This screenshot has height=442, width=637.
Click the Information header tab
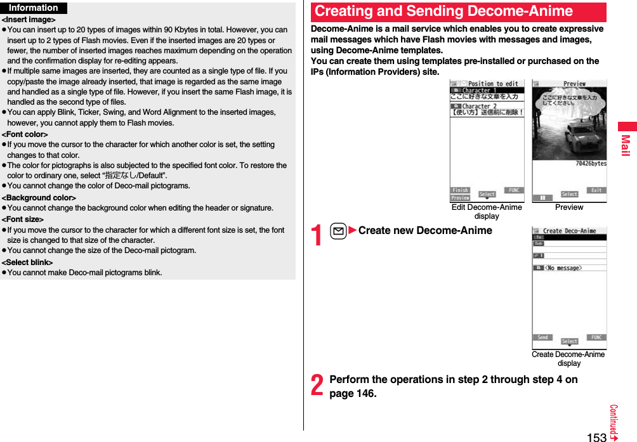[34, 8]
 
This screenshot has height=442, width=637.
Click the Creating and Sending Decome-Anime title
[443, 11]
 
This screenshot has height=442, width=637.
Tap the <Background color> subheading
[39, 198]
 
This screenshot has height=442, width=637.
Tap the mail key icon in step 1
[339, 231]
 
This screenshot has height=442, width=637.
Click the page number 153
[596, 437]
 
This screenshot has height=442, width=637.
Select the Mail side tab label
[626, 145]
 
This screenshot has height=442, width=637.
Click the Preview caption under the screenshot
[569, 207]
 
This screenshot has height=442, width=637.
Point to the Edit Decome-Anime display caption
[487, 212]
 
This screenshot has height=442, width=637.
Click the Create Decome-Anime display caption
[568, 359]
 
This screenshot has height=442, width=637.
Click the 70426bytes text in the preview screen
[591, 164]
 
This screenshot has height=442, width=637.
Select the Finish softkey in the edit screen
[461, 190]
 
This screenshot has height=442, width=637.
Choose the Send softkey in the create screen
[542, 337]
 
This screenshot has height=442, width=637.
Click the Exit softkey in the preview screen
[596, 190]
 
